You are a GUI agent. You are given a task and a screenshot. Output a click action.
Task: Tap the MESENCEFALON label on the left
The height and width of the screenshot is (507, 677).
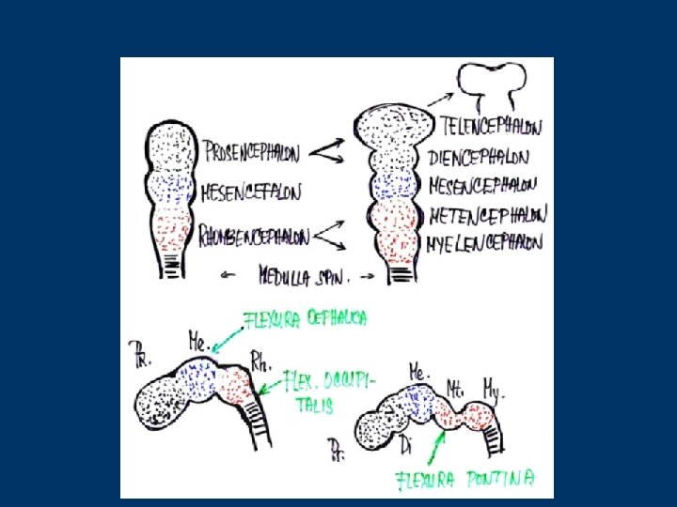(x=251, y=193)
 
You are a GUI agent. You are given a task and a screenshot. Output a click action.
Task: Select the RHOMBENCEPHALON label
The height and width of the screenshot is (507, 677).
(x=254, y=234)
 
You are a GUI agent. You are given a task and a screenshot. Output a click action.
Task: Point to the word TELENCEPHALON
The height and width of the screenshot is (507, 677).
(x=491, y=124)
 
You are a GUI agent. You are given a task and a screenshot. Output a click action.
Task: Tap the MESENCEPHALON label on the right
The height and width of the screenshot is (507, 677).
(x=483, y=186)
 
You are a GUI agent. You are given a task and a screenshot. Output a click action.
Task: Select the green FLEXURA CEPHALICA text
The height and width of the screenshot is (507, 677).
(x=305, y=319)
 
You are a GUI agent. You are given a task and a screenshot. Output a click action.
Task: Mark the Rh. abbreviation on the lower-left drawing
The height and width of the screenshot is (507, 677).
(x=260, y=357)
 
